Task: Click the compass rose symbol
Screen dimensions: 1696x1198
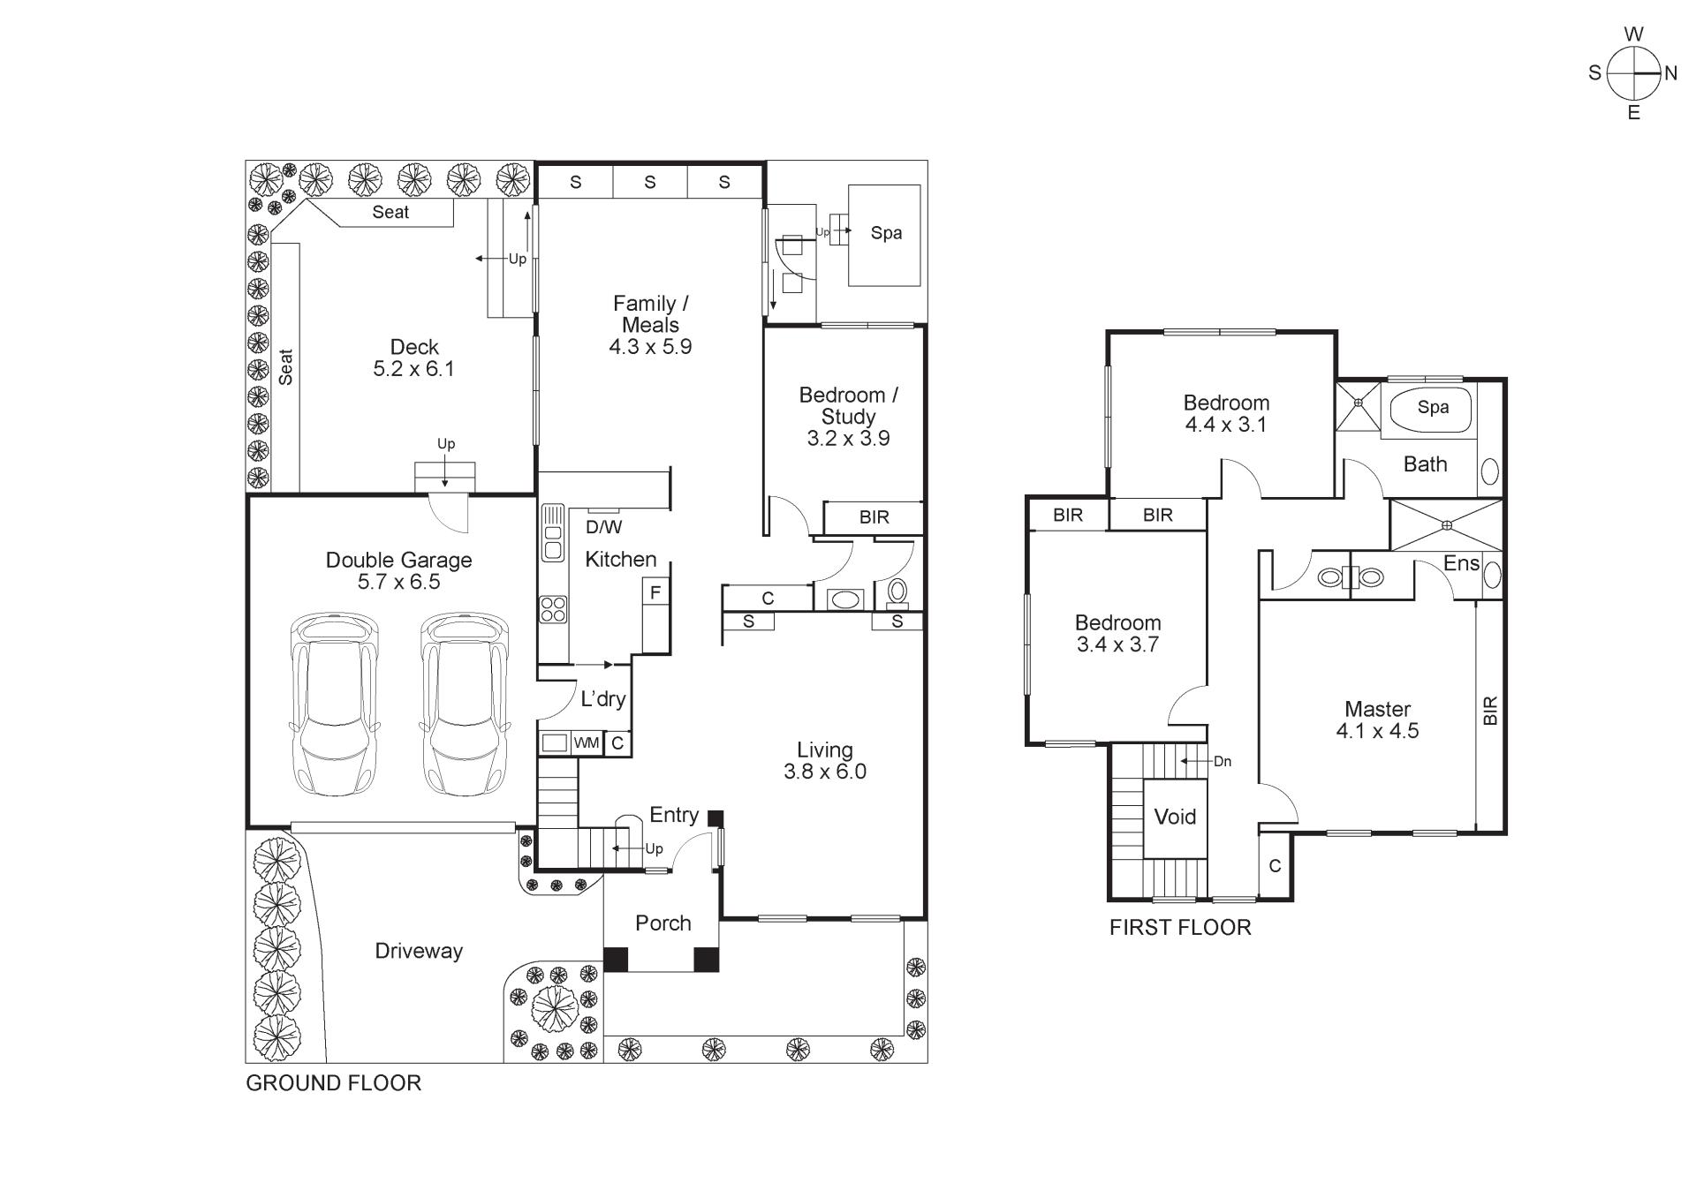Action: [x=1634, y=73]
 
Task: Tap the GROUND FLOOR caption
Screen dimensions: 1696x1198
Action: [x=333, y=1083]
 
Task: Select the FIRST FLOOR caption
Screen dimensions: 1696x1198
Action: [x=1180, y=928]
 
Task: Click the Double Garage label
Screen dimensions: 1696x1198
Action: [x=398, y=560]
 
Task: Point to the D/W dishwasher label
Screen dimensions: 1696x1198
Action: [x=603, y=527]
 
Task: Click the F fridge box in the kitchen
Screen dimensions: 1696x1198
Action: [x=655, y=592]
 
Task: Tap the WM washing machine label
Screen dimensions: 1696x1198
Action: [x=587, y=743]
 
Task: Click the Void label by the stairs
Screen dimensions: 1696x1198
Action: [x=1175, y=817]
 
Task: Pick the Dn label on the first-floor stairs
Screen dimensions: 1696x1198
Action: [x=1223, y=761]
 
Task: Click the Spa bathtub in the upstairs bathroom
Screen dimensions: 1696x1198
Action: [x=1432, y=410]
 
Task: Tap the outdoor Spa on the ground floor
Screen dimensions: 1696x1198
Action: [x=884, y=235]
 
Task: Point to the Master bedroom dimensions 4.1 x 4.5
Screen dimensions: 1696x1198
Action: [x=1377, y=731]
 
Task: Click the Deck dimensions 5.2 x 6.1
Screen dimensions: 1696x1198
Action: [x=413, y=369]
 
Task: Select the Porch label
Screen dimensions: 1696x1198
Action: [x=662, y=923]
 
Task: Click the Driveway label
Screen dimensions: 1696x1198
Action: [x=419, y=952]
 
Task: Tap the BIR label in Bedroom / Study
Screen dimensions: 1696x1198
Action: [x=874, y=517]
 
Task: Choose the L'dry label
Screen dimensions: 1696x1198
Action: [x=603, y=699]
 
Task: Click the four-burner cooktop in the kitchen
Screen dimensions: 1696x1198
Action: [x=554, y=609]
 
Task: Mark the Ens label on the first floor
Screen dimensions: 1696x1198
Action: [x=1461, y=563]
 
